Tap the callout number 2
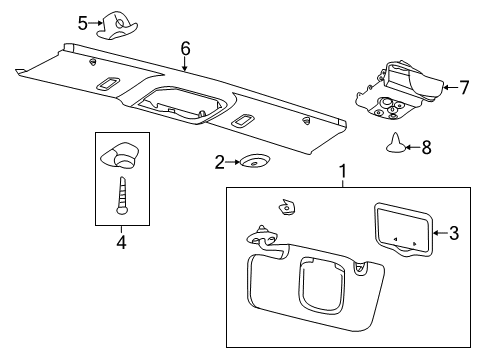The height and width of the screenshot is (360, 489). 217,161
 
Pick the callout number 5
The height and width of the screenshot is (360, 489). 83,22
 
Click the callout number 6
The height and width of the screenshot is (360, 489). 185,47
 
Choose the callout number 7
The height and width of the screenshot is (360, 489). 463,88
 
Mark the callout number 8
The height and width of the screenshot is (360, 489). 426,147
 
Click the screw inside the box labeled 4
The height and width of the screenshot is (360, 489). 120,191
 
